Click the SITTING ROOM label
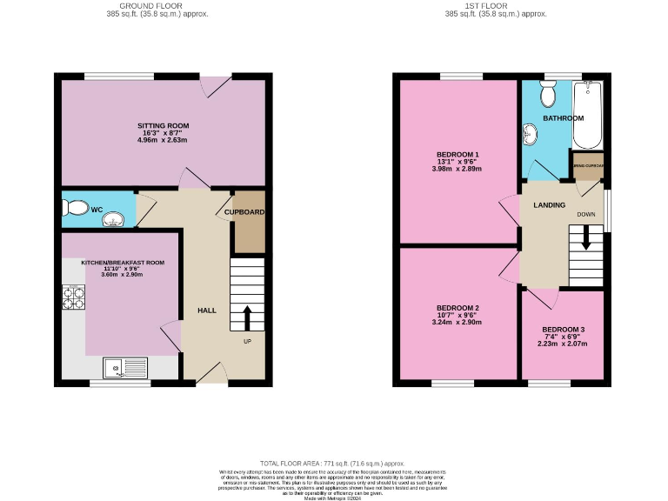point(163,125)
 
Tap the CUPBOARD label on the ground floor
point(244,211)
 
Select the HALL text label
point(207,311)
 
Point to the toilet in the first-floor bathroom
point(548,91)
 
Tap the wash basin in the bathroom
point(531,133)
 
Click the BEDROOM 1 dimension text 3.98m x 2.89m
point(458,170)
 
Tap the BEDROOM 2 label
point(458,308)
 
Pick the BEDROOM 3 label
point(563,330)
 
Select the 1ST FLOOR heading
point(495,5)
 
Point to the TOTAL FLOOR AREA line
point(333,464)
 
